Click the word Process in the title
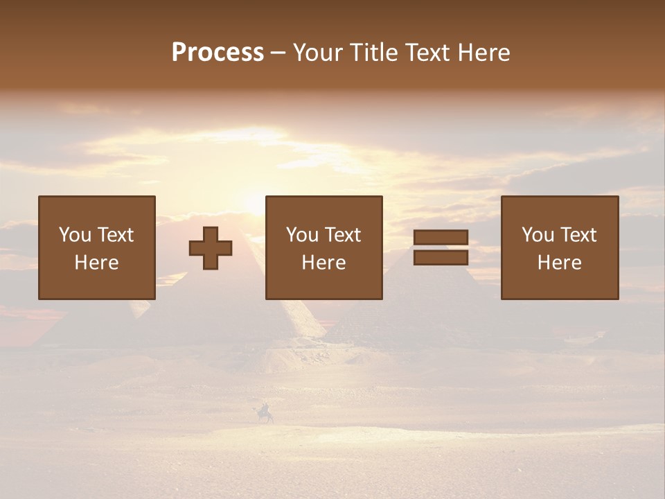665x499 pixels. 218,53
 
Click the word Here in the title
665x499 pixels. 484,53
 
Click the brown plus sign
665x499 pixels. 211,248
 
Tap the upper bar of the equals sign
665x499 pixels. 441,238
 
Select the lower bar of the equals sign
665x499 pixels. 441,258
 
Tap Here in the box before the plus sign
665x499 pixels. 96,263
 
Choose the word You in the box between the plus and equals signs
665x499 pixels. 302,235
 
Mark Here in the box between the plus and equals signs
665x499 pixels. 323,263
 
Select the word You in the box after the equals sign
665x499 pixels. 538,235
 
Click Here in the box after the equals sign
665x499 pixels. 559,263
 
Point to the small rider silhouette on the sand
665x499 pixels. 265,414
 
